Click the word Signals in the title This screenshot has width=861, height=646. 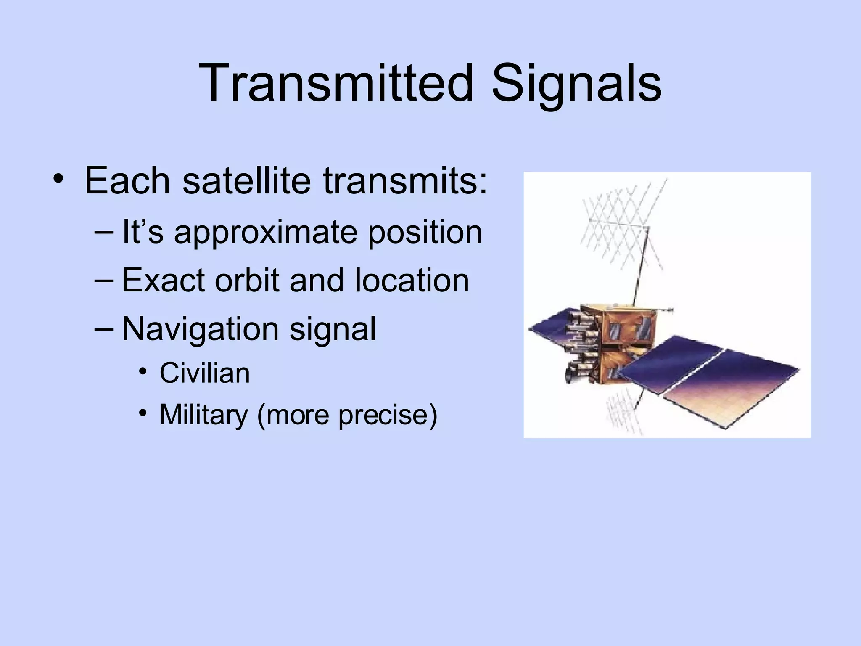pyautogui.click(x=576, y=83)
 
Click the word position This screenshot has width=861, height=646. pyautogui.click(x=425, y=233)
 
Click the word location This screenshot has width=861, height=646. pyautogui.click(x=411, y=280)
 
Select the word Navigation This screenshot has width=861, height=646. pyautogui.click(x=200, y=328)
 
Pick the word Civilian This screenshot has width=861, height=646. pyautogui.click(x=205, y=373)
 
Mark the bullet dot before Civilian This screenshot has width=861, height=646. pyautogui.click(x=143, y=372)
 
